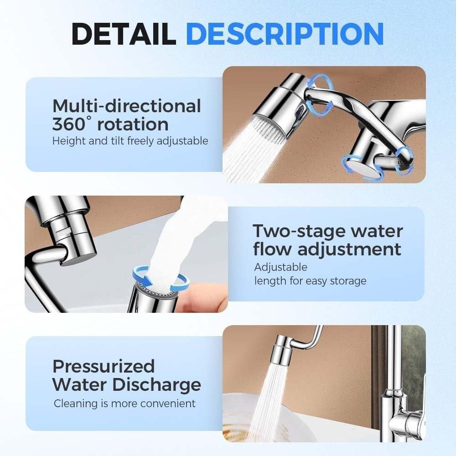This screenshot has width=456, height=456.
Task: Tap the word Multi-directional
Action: [x=126, y=106]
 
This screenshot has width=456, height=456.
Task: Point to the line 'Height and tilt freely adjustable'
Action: [x=130, y=141]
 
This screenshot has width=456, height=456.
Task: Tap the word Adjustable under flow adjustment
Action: [x=280, y=267]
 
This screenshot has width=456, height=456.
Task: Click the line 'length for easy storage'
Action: [x=310, y=280]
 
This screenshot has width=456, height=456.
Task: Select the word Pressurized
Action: [x=104, y=366]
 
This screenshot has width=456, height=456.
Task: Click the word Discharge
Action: [x=156, y=384]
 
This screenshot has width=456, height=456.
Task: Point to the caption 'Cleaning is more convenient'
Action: [x=124, y=404]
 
